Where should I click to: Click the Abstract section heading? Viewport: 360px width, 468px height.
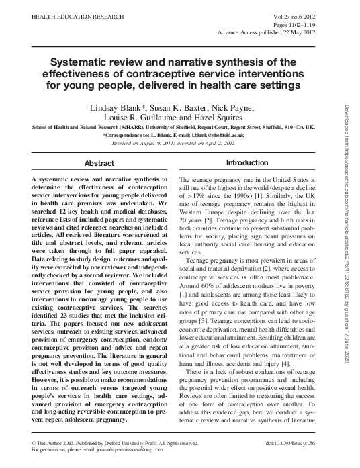click(98, 164)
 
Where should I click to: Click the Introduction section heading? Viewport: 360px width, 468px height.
click(247, 163)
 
